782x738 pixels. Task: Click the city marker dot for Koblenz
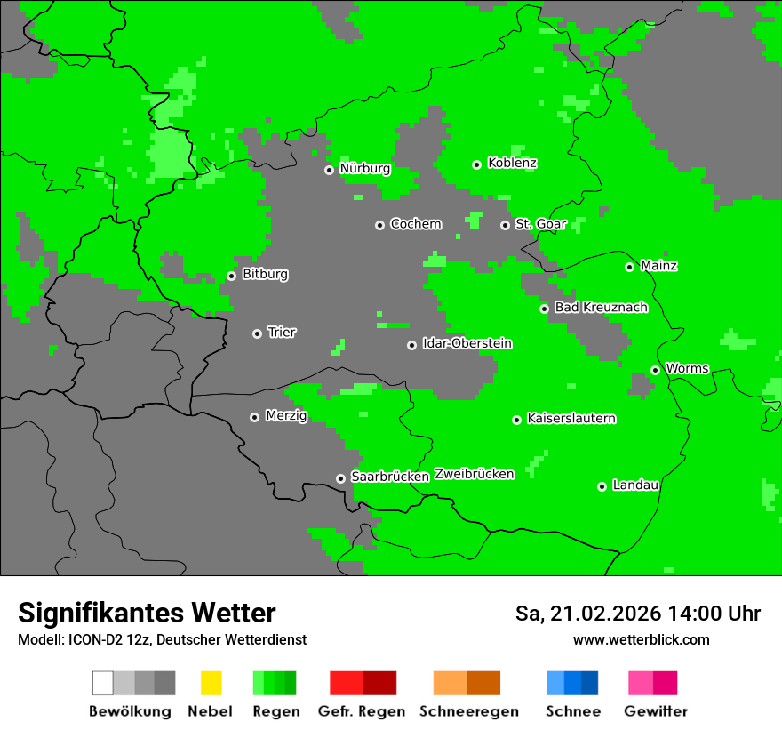476,164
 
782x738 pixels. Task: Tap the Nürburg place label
364,169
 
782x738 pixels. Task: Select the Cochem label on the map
415,224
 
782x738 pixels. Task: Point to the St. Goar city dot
505,225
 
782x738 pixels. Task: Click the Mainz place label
658,266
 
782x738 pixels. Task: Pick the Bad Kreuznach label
601,308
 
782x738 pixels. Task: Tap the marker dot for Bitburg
231,276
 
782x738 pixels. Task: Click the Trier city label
282,333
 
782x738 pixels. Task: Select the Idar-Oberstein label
467,344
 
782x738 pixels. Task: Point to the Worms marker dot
655,370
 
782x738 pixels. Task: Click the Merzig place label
286,416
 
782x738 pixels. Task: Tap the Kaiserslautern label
571,419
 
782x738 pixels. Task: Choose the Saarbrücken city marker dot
340,478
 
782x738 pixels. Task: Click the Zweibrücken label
474,475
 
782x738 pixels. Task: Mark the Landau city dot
602,486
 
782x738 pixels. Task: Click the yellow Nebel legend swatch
211,683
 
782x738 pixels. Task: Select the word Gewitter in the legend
655,711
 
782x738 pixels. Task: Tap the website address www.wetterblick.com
641,640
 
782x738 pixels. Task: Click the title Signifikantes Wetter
147,613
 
